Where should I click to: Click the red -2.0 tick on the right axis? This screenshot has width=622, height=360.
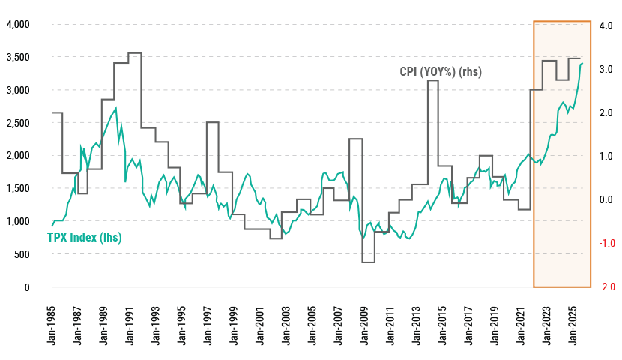click(607, 287)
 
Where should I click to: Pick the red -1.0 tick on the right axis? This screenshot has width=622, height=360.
click(607, 244)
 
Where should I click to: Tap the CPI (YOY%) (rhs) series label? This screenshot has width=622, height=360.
click(440, 72)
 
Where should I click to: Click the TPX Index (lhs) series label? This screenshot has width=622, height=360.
click(84, 238)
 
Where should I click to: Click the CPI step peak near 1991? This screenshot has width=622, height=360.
click(135, 53)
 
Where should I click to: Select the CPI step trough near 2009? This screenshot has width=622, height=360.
click(368, 262)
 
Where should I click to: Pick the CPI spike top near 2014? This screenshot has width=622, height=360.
click(432, 80)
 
